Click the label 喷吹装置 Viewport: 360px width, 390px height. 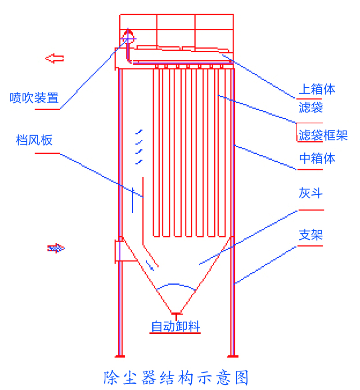pos(34,98)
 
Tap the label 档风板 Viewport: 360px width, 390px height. pos(34,140)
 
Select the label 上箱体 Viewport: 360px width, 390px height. pos(317,89)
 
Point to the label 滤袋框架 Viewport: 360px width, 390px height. pos(323,135)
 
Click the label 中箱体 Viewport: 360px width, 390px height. pos(317,158)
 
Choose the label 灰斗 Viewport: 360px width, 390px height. pos(311,194)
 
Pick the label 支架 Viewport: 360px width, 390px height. pos(311,235)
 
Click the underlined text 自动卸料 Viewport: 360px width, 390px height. pos(175,327)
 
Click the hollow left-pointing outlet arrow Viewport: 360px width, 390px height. pos(55,58)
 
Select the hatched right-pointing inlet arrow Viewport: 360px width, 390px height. pos(56,248)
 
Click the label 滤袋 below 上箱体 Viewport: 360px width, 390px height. pos(311,108)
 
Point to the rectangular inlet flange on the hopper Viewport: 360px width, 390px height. pos(120,251)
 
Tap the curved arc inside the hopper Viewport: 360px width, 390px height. pos(176,285)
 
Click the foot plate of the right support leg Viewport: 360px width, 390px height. pos(232,356)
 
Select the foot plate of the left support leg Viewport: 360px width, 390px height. pos(119,356)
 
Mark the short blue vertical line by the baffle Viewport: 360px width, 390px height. pos(132,200)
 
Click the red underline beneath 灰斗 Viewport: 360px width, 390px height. pos(311,210)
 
